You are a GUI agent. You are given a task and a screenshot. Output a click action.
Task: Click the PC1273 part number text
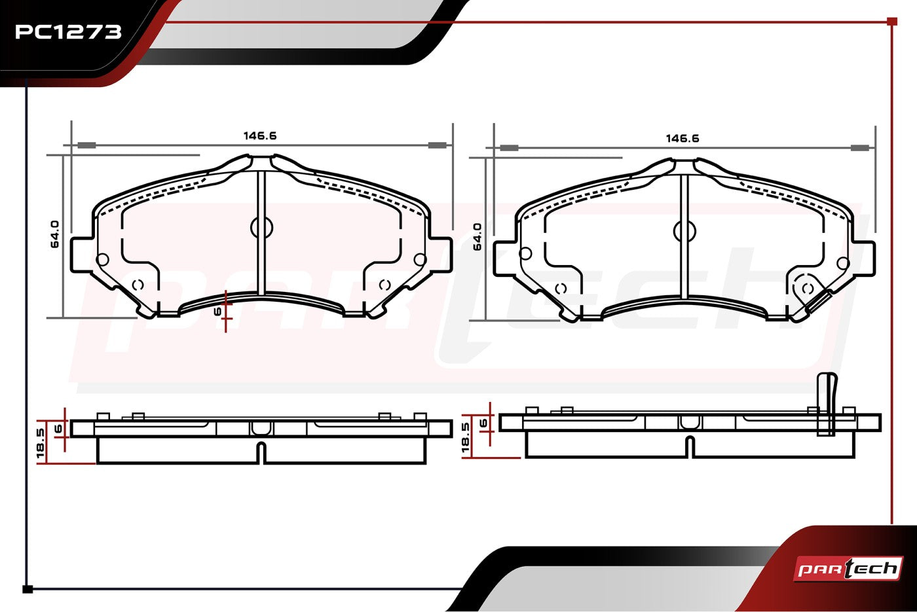point(68,32)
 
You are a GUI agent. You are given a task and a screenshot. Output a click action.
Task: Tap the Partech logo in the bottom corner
point(848,569)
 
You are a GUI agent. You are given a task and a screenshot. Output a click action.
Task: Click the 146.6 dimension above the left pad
point(260,135)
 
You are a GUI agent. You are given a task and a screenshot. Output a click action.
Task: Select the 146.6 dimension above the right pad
point(683,138)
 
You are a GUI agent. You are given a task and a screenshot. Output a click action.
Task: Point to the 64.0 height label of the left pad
point(55,234)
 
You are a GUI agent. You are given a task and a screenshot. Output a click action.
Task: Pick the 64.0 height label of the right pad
point(477,237)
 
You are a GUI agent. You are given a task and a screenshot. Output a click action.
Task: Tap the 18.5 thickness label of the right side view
point(466,438)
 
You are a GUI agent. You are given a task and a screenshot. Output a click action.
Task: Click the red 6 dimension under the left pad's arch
point(217,312)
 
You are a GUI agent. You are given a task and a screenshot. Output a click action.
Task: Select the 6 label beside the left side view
point(58,429)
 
